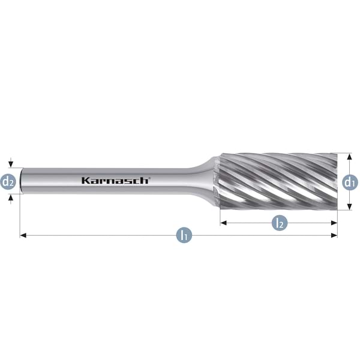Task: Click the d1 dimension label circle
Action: click(x=350, y=181)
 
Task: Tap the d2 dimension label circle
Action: click(x=8, y=181)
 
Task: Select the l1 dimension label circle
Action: click(x=185, y=235)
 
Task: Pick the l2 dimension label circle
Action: click(x=278, y=223)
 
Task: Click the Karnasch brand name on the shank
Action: click(x=115, y=181)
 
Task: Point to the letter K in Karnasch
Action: click(x=85, y=181)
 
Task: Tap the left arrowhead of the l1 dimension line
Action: click(x=23, y=235)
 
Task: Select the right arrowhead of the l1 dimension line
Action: click(x=334, y=235)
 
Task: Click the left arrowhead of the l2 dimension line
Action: click(x=223, y=223)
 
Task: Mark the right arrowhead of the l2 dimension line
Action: click(x=334, y=223)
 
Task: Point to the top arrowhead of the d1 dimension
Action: click(x=350, y=156)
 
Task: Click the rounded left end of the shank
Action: click(x=22, y=181)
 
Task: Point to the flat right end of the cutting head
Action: click(x=336, y=180)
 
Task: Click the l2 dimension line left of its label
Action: click(x=246, y=223)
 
